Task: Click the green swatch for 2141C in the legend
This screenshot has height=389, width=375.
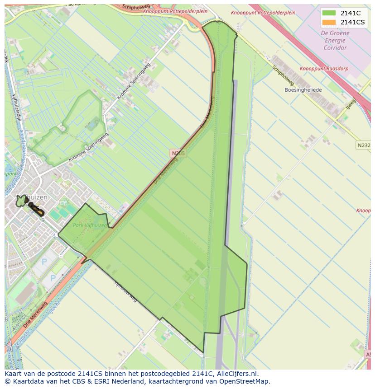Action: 329,13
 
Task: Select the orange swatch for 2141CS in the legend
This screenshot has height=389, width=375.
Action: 329,22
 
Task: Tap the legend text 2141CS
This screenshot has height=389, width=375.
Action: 353,22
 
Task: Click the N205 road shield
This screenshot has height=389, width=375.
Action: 178,154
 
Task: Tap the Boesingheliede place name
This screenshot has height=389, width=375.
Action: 303,90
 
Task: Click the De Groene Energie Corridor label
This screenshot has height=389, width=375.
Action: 335,40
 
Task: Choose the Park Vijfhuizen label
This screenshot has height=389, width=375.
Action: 90,225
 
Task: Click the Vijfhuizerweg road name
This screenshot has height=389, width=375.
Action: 125,292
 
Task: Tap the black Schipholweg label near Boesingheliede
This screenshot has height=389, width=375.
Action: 284,76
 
